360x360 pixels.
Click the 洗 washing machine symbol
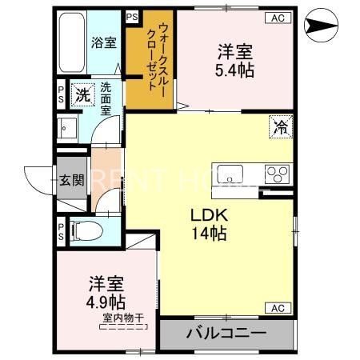pos(81,94)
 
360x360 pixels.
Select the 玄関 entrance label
pos(70,179)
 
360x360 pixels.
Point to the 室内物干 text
pos(122,318)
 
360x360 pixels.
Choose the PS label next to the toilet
pos(61,230)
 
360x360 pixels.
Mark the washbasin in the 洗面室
pos(66,127)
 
